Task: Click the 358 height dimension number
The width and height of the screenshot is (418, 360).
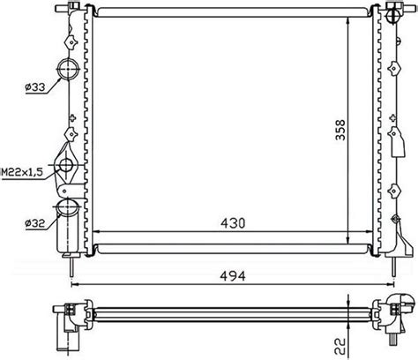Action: pos(340,130)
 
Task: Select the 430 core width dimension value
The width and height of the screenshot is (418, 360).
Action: pos(233,223)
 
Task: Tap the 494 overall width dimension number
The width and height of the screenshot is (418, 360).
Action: pos(233,276)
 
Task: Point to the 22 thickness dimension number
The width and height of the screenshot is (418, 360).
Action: pos(340,346)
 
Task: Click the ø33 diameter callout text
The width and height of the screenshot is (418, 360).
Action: pos(35,87)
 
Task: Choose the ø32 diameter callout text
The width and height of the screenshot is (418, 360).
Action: pos(35,224)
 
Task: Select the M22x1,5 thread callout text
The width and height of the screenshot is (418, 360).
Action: pos(22,172)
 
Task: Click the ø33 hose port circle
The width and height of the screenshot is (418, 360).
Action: pos(68,69)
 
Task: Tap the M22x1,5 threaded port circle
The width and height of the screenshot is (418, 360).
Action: pos(66,165)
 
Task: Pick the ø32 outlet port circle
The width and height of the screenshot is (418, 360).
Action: pos(67,207)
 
